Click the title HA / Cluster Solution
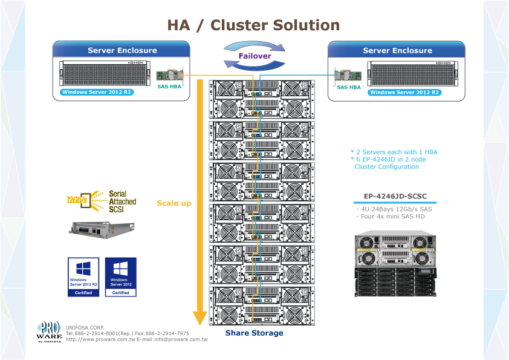tap(253, 25)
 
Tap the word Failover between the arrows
tap(254, 56)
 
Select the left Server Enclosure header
tap(122, 51)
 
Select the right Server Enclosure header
tap(397, 51)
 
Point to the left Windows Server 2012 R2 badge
tap(97, 93)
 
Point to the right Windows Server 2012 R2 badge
tap(404, 93)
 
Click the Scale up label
tap(173, 203)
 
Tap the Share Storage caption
tap(254, 333)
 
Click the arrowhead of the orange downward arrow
tap(200, 318)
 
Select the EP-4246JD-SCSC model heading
tap(395, 196)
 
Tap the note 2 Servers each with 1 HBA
tap(394, 152)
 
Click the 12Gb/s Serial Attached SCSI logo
tap(101, 201)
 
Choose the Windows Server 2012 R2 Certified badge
tap(83, 277)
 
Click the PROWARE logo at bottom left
tap(48, 332)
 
